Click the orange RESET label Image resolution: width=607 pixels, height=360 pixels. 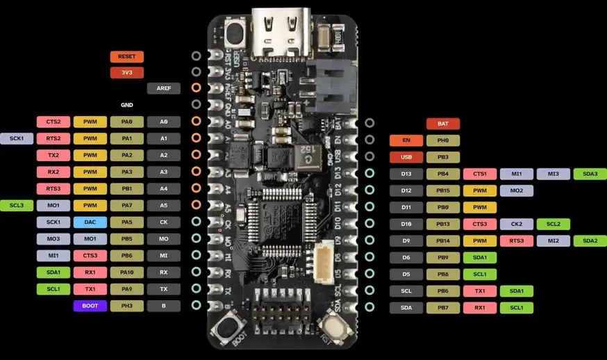(126, 56)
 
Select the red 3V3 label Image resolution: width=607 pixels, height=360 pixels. (126, 72)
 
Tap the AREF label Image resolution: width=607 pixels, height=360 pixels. (163, 88)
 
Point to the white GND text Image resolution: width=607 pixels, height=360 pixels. (126, 105)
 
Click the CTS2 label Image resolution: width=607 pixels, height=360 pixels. (53, 122)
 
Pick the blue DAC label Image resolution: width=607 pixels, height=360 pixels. (90, 222)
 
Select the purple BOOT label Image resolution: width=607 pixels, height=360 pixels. (90, 306)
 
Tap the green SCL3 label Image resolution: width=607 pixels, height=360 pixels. (17, 206)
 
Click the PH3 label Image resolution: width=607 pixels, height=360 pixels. (126, 306)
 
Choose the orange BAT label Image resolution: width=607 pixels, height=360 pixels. (442, 124)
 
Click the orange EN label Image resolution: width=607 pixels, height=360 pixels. (406, 140)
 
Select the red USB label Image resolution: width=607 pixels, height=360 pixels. (406, 157)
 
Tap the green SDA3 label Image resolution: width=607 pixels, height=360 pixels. (590, 174)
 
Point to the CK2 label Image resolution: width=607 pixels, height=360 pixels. (516, 224)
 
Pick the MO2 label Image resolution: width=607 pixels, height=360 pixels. (516, 190)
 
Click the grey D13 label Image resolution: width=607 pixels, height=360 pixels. (406, 174)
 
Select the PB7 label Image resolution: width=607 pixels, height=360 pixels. (442, 307)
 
